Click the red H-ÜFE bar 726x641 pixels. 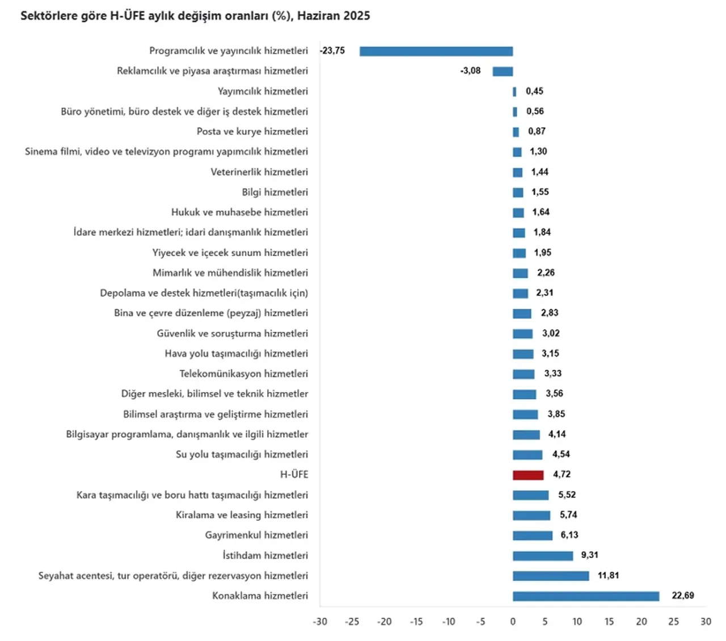(528, 475)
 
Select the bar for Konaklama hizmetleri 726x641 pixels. (586, 596)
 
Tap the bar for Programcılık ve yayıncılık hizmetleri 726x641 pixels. (436, 51)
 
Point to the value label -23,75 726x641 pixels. (332, 50)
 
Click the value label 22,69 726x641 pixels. (683, 596)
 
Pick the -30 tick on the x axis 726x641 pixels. (320, 622)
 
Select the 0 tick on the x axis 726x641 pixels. (513, 622)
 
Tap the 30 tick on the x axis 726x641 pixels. (706, 622)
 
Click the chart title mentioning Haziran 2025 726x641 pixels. (195, 16)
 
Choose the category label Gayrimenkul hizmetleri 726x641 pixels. (256, 535)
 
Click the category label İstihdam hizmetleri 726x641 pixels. (265, 555)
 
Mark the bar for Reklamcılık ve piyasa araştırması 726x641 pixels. (503, 71)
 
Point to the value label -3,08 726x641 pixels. (470, 71)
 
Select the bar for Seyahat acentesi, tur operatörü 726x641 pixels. (551, 576)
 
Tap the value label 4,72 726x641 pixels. (562, 474)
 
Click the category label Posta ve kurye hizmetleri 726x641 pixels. (252, 131)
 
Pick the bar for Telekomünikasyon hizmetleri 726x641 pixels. (524, 374)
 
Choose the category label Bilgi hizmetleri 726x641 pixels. (275, 192)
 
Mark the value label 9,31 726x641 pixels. (589, 555)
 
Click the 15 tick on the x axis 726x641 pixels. (609, 622)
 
